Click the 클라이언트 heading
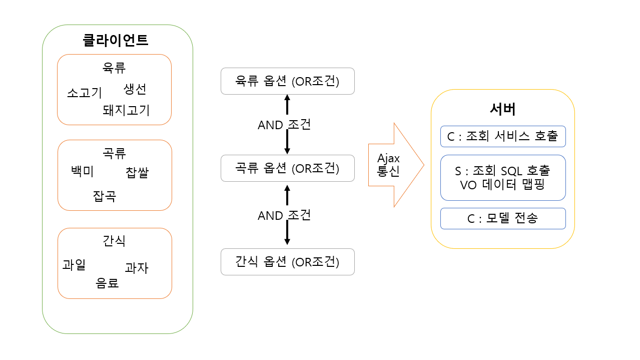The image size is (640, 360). coord(116,40)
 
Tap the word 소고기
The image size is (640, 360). coord(85,93)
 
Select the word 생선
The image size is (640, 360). coord(135,89)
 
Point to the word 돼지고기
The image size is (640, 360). coord(126,110)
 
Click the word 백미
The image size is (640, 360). coord(83,171)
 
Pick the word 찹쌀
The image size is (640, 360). coord(137,173)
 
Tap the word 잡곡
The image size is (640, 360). coord(104,196)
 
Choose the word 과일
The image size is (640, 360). coord(74,264)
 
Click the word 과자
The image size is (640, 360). coord(136,268)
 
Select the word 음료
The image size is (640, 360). coord(107,283)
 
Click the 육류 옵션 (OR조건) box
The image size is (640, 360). coord(287,81)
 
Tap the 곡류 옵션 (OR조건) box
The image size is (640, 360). coord(287,168)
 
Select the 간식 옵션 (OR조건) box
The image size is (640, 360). coord(287,262)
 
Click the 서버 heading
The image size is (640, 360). coord(502,109)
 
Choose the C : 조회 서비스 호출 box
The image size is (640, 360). coord(503,136)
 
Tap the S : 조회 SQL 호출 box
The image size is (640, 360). coord(503,177)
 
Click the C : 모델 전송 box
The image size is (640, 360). coord(503,218)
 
